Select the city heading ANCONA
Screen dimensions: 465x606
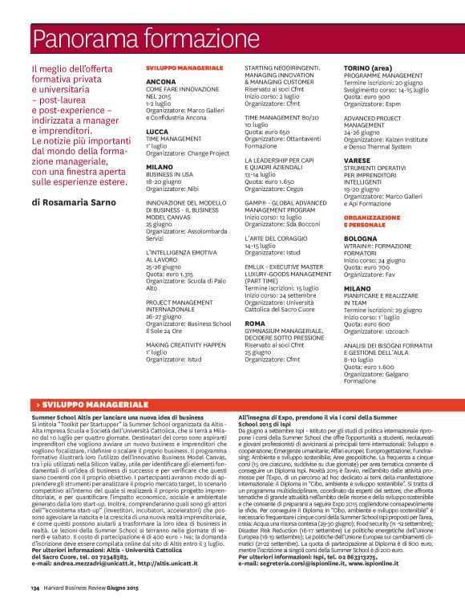pos(161,82)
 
